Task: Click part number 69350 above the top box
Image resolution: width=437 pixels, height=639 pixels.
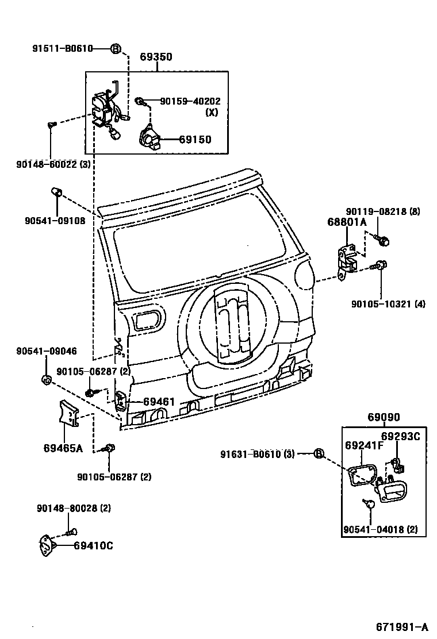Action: pos(156,57)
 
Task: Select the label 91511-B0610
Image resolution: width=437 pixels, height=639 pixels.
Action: pos(62,49)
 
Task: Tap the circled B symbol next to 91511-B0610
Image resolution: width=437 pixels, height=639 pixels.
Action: pos(115,49)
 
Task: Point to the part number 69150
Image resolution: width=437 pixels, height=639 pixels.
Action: pos(194,140)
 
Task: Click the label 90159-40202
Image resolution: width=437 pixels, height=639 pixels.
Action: pos(190,102)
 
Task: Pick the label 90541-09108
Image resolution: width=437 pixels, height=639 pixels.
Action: pos(55,220)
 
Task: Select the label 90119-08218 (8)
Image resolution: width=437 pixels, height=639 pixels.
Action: pos(382,211)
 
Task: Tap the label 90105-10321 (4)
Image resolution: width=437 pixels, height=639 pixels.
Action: pos(388,304)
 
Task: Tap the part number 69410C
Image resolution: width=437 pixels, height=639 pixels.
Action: pos(93,546)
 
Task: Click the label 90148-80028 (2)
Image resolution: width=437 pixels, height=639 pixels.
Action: pos(74,509)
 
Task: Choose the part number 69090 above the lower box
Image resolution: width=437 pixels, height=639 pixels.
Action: pos(384,418)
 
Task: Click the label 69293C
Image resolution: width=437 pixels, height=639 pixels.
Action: pos(401,436)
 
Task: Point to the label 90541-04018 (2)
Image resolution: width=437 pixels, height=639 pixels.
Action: pos(380,529)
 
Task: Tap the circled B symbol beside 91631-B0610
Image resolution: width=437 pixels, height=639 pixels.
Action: pos(319,454)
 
